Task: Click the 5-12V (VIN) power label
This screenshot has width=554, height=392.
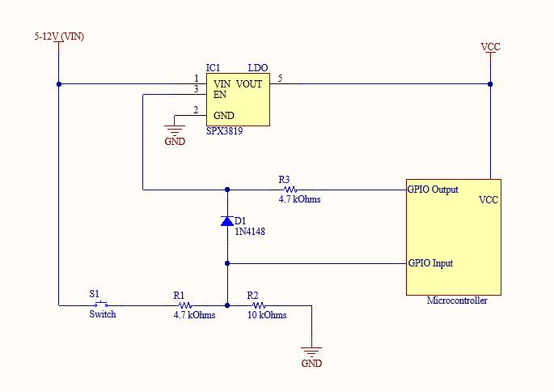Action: tap(59, 36)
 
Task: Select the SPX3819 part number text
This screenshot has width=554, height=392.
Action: tap(224, 131)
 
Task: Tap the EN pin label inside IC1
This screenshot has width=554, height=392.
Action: tap(220, 95)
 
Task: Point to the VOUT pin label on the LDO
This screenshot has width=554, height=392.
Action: tap(249, 84)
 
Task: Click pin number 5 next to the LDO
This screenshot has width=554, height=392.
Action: tap(280, 79)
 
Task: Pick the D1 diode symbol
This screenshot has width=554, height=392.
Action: tap(227, 221)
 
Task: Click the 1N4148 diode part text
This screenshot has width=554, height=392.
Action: tap(250, 232)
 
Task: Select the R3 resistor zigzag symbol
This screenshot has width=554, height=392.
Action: tap(290, 190)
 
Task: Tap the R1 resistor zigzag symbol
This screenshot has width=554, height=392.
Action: tap(185, 305)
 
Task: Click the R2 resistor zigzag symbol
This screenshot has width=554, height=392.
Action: tap(259, 305)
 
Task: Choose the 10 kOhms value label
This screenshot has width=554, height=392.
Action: tap(267, 315)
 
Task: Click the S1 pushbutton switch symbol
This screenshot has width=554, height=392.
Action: tap(101, 304)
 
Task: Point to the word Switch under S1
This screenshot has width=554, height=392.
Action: tap(103, 314)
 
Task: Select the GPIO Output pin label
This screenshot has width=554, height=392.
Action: tap(433, 190)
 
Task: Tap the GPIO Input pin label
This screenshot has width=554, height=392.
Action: tap(430, 263)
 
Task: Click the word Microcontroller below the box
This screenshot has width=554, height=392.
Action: tap(457, 300)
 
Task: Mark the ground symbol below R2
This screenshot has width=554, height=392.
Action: tap(311, 352)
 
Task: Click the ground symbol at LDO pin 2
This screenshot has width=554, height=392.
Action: tap(175, 130)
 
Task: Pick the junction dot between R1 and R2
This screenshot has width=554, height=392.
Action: tap(227, 305)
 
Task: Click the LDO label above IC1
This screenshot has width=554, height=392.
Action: tap(258, 67)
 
